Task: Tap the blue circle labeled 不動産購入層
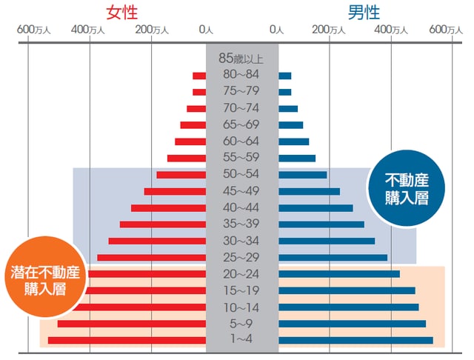click(x=407, y=189)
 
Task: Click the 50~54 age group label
click(x=241, y=174)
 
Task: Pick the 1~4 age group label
click(x=241, y=340)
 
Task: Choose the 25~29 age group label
click(x=241, y=257)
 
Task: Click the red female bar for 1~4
click(x=127, y=341)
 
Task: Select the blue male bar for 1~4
click(x=355, y=341)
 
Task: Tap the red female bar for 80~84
click(x=199, y=76)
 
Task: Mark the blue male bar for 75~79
click(x=285, y=92)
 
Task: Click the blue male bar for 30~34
click(x=327, y=241)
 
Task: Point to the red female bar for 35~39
click(x=163, y=224)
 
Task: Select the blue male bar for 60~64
click(x=294, y=141)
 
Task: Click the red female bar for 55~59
click(x=187, y=158)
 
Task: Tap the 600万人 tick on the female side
click(x=33, y=30)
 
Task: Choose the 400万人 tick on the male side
click(x=391, y=30)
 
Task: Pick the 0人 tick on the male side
click(x=277, y=30)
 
